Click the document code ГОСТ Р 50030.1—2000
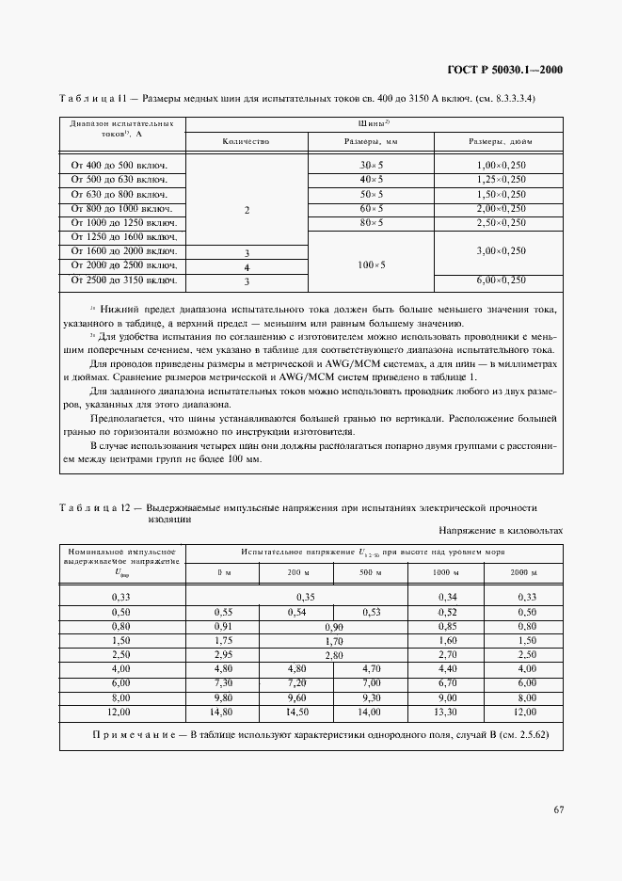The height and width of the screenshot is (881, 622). click(503, 70)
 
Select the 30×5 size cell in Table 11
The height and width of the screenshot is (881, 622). click(372, 166)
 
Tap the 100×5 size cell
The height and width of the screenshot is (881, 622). click(372, 265)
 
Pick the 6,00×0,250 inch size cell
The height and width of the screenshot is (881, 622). click(500, 280)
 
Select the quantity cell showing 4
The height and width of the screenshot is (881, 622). click(247, 266)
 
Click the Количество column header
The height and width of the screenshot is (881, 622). click(247, 141)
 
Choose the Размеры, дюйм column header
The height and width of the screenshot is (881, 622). click(500, 141)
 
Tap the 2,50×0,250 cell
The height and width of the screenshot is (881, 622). click(500, 223)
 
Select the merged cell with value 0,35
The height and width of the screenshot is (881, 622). click(305, 597)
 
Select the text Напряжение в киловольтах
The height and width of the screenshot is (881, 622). click(499, 530)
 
